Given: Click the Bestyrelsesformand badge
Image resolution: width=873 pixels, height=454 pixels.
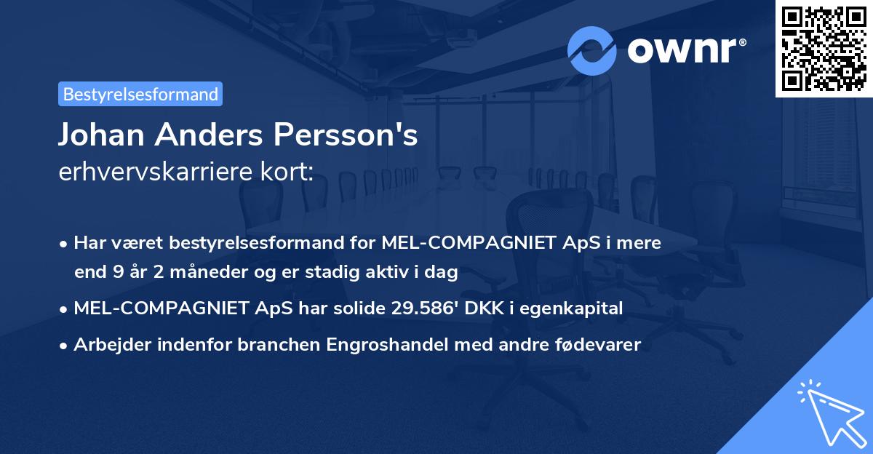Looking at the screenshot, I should [x=140, y=94].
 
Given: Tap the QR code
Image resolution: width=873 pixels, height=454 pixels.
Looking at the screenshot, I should [x=824, y=48].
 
